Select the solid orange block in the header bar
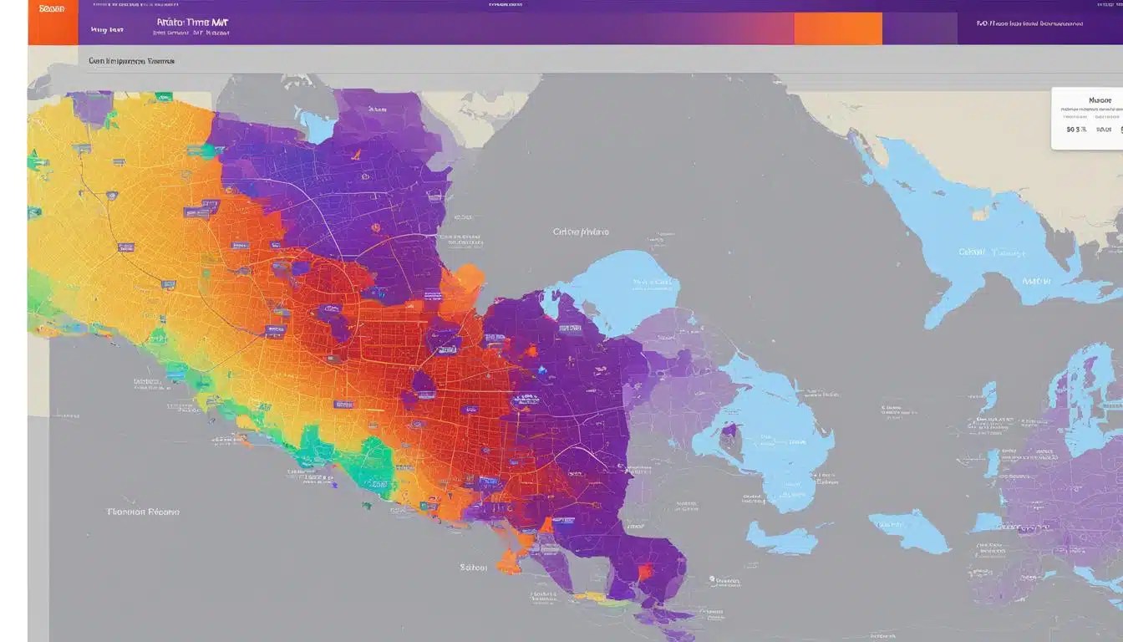point(837,28)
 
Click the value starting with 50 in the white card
point(1076,130)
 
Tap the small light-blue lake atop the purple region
point(318,125)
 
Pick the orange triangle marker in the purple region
point(355,155)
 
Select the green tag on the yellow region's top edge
point(163,97)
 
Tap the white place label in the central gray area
point(581,232)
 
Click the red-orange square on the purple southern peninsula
point(644,572)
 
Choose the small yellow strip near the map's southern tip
point(591,599)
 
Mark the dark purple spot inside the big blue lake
point(729,430)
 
